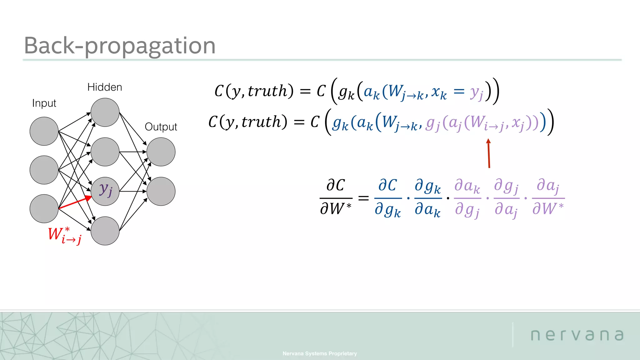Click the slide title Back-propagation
120,46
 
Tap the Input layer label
44,103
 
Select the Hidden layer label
105,87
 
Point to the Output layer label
161,127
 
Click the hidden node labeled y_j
105,191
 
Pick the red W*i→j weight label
65,235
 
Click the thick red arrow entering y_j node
75,202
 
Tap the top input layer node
44,131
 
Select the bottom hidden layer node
105,231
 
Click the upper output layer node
161,152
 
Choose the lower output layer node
161,191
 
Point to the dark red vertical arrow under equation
489,154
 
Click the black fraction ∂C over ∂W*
336,197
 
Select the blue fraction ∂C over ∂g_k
388,197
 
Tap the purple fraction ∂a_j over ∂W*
548,197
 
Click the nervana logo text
577,335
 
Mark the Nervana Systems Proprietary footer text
319,353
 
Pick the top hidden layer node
105,112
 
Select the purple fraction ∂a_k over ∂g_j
467,197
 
